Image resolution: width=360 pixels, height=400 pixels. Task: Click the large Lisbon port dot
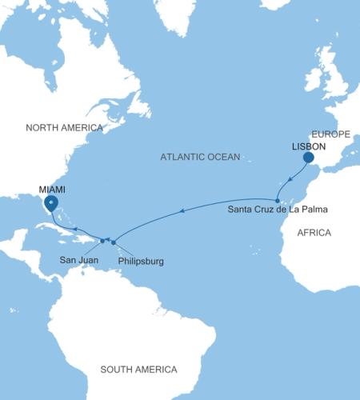point(308,158)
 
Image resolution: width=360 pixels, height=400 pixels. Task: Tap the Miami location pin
point(51,203)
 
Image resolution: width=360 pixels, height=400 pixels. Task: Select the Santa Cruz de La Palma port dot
point(277,200)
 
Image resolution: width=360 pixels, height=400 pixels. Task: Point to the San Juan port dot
point(102,240)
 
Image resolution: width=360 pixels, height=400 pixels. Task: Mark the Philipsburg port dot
point(114,242)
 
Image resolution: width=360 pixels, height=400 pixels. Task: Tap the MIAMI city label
point(54,189)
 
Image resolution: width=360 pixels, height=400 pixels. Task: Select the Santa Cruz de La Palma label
point(278,210)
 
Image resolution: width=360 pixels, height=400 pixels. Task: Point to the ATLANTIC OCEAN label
point(199,158)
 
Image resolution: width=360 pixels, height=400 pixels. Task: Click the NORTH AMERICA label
point(64,128)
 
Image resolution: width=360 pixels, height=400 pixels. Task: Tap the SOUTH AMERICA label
point(138,369)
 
